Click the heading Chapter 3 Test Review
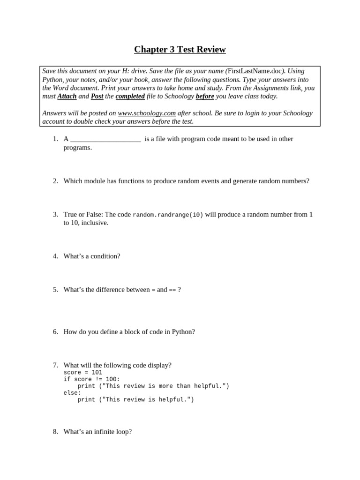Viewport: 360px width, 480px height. point(180,49)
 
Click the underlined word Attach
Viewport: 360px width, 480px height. point(67,96)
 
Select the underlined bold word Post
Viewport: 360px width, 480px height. point(97,96)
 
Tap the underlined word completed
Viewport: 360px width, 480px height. point(130,96)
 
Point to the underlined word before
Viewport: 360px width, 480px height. point(205,96)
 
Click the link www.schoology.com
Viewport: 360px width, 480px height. point(147,113)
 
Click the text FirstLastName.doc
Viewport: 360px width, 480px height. point(255,71)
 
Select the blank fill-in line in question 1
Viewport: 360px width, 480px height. point(105,139)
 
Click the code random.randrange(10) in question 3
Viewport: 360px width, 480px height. point(168,215)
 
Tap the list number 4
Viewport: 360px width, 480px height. point(55,256)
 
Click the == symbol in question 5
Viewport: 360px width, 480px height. point(172,290)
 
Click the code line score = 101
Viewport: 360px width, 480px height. point(82,372)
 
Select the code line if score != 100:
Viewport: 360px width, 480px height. point(91,379)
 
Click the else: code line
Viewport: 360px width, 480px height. point(72,393)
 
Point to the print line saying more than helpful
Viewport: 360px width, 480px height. point(153,386)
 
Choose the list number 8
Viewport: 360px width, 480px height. point(55,431)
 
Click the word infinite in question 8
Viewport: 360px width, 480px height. point(104,431)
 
